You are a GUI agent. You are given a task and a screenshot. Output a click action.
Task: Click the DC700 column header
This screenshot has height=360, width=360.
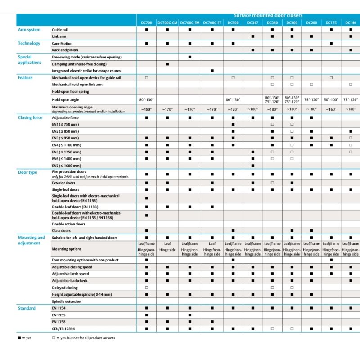point(147,22)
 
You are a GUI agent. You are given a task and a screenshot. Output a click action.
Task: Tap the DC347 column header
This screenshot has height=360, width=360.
point(252,22)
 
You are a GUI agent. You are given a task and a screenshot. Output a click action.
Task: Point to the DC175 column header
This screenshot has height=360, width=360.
point(331,22)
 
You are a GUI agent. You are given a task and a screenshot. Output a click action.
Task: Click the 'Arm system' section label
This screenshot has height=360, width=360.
point(29,30)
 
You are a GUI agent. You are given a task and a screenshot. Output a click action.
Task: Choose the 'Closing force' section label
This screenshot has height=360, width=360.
point(30,117)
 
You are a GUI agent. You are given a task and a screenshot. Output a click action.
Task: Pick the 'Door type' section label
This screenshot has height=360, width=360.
point(27,172)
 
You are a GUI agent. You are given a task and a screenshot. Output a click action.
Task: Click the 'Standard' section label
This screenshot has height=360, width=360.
point(27,308)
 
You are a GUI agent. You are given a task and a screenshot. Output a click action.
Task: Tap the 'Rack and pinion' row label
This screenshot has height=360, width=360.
point(66,50)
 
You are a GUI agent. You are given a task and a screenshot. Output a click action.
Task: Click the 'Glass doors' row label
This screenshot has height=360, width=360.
point(63,231)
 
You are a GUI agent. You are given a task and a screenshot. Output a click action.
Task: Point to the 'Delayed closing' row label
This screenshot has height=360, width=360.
point(65,288)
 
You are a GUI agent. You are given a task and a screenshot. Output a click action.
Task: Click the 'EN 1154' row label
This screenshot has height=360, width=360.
point(59,308)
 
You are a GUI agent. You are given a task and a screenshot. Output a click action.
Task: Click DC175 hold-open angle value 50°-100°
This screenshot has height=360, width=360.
point(331,99)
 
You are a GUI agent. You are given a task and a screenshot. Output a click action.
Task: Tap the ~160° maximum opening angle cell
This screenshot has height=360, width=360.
point(331,109)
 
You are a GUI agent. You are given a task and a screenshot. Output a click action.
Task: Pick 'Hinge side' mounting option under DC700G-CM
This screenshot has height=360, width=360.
point(167,249)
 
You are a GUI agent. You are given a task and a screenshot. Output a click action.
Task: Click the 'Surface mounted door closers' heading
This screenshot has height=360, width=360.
point(268,16)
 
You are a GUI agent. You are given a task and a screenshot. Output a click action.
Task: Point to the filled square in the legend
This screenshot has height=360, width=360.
point(19,337)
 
